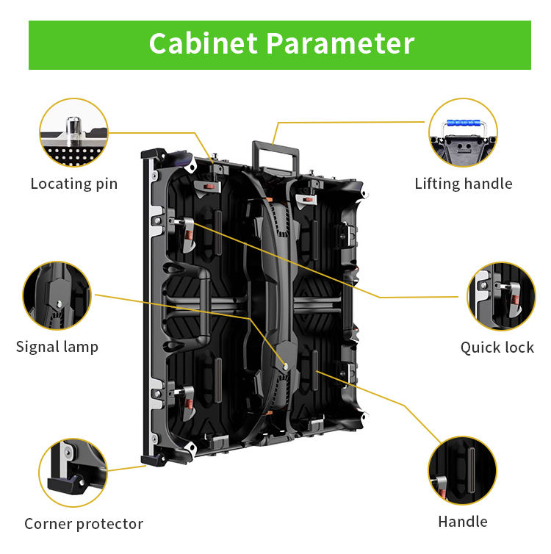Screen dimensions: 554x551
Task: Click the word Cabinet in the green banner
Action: click(x=204, y=43)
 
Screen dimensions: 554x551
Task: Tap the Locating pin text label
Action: click(x=73, y=184)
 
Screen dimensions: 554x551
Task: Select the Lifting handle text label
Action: click(x=463, y=184)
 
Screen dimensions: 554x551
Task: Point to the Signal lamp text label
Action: click(x=57, y=347)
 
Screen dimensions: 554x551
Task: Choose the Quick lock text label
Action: click(x=497, y=348)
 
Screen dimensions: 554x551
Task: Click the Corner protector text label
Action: click(x=83, y=524)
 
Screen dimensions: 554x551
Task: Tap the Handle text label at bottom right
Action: click(x=462, y=522)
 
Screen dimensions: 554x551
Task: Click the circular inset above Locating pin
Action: click(x=73, y=133)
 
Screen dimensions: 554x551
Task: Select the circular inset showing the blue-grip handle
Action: click(x=463, y=133)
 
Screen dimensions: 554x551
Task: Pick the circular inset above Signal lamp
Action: click(x=57, y=295)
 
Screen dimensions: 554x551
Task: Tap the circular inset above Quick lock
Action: click(x=501, y=296)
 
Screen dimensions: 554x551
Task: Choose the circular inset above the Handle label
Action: click(x=462, y=470)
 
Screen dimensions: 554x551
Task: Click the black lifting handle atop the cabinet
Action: click(x=276, y=155)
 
